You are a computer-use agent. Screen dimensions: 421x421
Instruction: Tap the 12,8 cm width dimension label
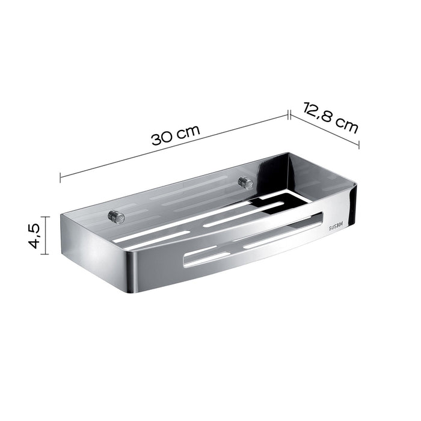pos(331,117)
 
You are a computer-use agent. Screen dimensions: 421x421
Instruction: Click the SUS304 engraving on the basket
pos(338,227)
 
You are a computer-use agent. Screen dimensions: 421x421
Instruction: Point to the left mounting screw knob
pos(112,216)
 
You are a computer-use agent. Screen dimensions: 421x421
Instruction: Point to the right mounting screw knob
pos(245,182)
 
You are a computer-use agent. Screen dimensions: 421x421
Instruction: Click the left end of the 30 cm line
pos(61,178)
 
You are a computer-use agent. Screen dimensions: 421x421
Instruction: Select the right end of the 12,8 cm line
pos(359,145)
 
